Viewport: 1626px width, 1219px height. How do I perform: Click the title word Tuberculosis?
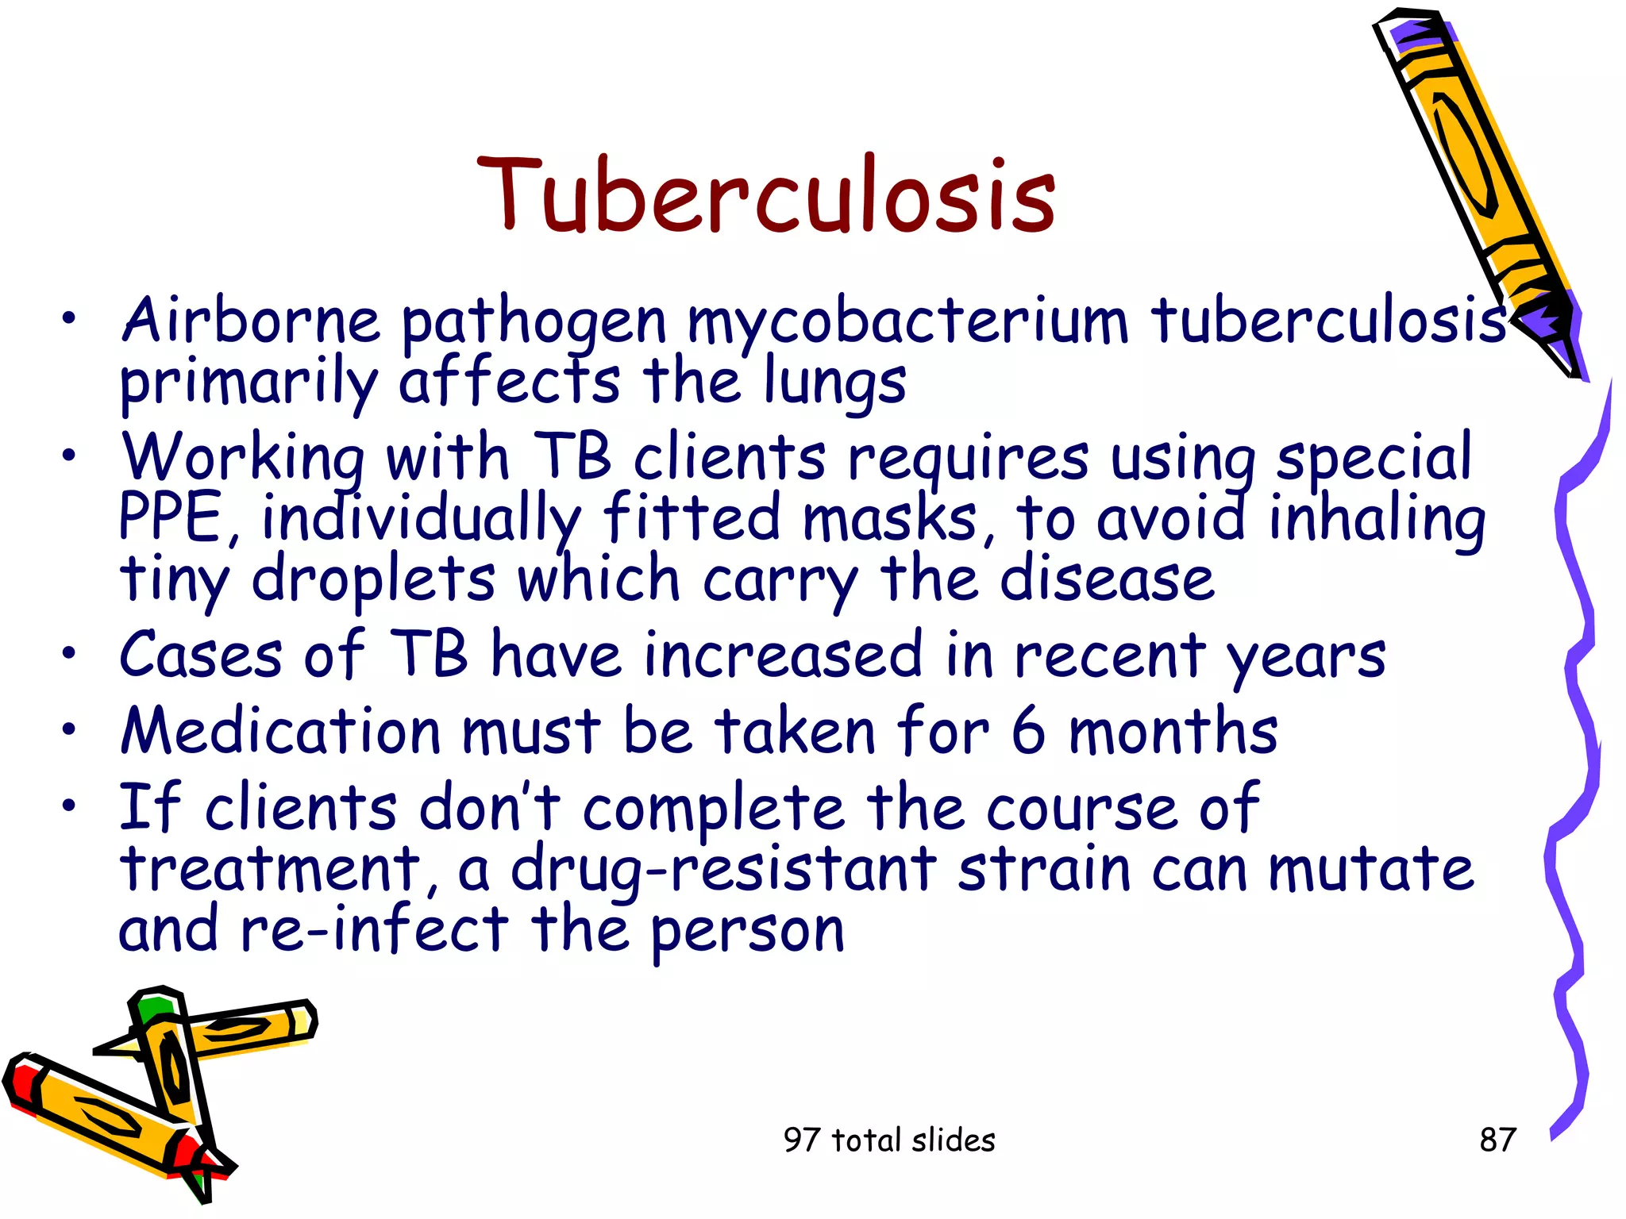pos(766,195)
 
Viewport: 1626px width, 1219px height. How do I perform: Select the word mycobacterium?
pos(907,321)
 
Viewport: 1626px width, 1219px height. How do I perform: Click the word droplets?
pos(373,579)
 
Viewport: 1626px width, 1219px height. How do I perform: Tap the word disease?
pos(1107,579)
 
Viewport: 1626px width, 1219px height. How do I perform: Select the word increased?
pos(784,656)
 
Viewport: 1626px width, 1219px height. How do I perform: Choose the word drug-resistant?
pos(723,870)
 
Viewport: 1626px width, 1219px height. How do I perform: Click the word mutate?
pos(1371,870)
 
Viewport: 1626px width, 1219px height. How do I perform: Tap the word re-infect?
pos(373,930)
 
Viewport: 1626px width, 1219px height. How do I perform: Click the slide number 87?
pos(1497,1140)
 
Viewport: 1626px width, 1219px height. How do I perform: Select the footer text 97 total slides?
pos(889,1140)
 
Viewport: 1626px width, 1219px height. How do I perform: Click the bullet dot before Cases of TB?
pos(70,653)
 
